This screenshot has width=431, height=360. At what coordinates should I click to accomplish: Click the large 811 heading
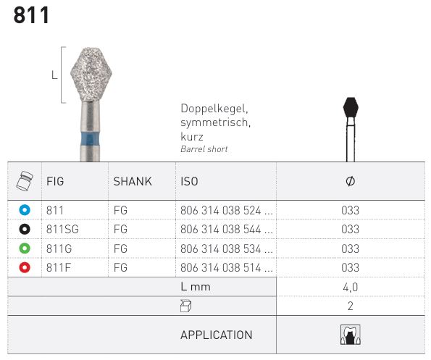31,15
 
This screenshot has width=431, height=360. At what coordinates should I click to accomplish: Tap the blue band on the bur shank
90,140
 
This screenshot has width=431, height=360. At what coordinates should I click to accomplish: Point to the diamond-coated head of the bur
91,75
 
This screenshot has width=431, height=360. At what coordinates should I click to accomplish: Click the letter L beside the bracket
54,75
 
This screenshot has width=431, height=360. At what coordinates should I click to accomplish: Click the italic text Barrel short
204,149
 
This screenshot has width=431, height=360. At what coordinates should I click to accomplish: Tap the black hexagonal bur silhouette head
351,107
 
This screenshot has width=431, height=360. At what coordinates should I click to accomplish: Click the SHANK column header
133,181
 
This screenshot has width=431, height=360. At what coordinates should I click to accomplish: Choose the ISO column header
189,181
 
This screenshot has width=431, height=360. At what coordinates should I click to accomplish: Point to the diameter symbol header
350,181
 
